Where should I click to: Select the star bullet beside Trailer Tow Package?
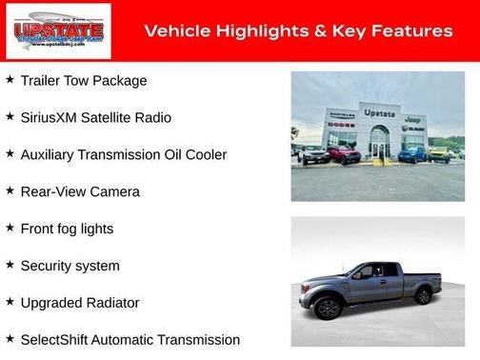point(10,80)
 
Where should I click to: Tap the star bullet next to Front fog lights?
point(10,229)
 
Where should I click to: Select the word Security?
point(49,266)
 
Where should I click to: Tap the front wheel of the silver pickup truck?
point(329,307)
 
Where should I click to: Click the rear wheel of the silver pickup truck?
point(422,294)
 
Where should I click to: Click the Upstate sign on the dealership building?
point(379,112)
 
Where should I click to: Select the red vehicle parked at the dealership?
point(345,154)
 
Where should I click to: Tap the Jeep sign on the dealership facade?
point(413,119)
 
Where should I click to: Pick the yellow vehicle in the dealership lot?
point(438,153)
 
